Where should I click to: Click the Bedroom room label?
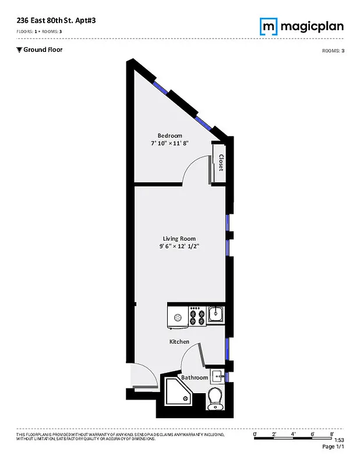click(170, 136)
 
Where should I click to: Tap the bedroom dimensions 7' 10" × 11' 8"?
click(170, 143)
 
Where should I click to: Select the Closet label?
click(221, 163)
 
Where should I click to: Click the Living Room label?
click(179, 238)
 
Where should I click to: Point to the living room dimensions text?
click(179, 246)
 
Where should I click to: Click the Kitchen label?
click(179, 341)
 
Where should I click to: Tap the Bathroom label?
click(194, 377)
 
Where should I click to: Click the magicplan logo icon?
click(267, 26)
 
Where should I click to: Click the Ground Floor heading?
click(43, 50)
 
